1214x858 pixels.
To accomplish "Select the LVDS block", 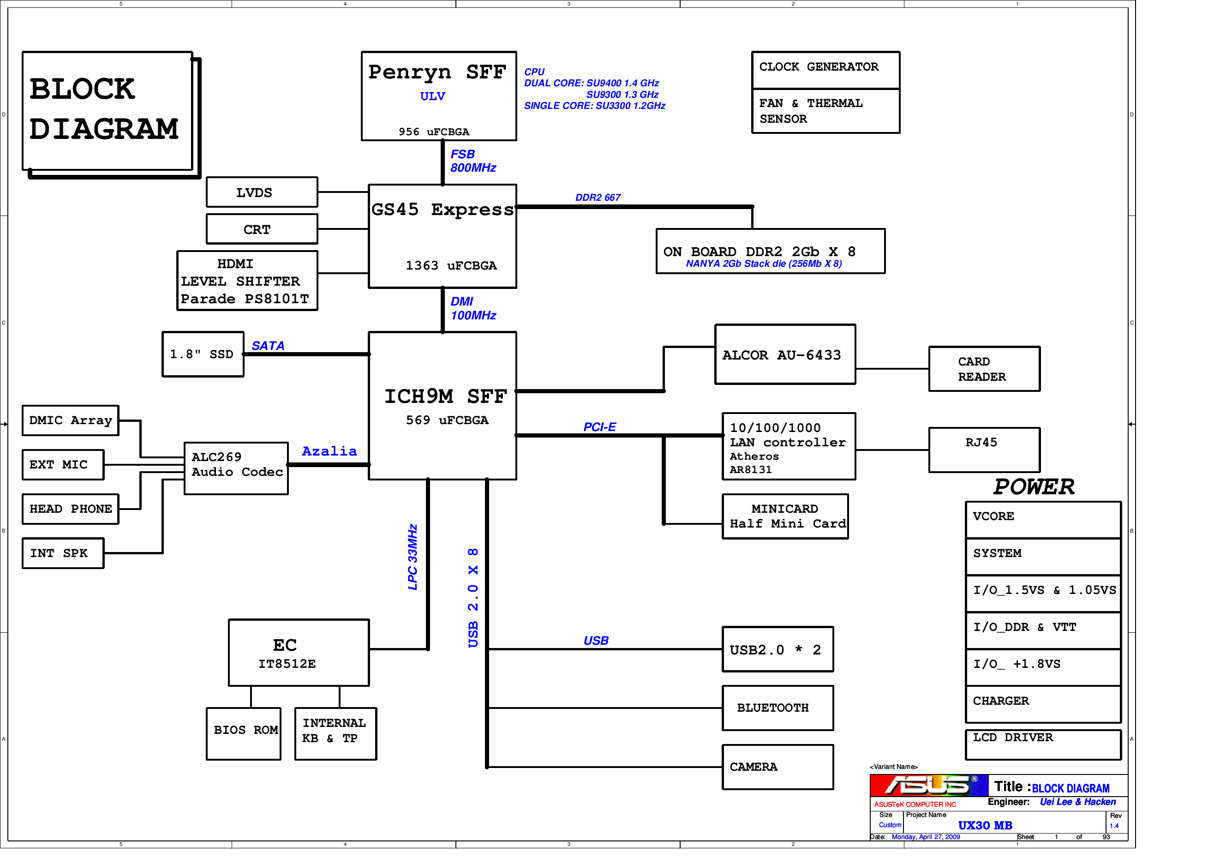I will click(262, 192).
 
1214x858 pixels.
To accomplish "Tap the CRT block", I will click(262, 229).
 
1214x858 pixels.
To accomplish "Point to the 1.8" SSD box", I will click(203, 354).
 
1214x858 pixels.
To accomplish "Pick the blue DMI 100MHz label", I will click(472, 308).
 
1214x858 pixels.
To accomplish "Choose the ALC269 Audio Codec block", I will click(236, 468).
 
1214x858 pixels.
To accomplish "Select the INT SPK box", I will click(63, 553).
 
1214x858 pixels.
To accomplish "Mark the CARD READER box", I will click(984, 369).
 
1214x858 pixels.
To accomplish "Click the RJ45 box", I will click(984, 450).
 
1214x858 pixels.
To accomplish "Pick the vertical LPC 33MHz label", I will click(413, 557).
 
